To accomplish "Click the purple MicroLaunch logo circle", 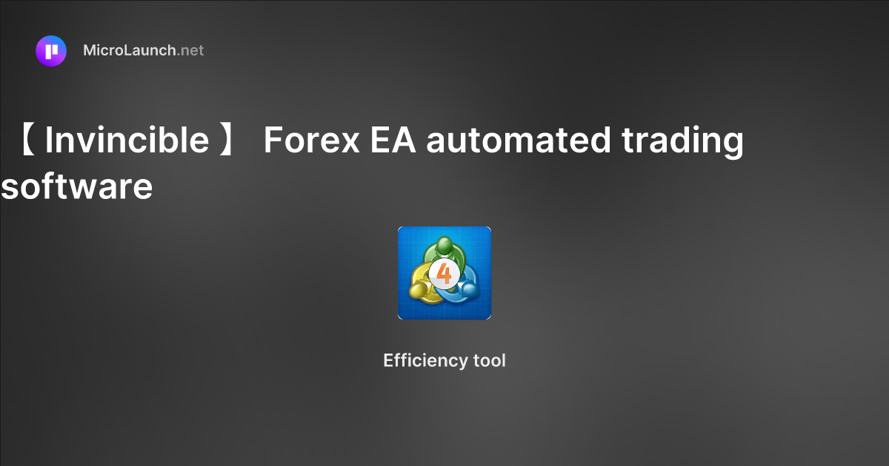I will point(51,51).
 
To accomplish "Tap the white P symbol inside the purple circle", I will point(51,51).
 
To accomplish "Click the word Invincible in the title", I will point(127,140).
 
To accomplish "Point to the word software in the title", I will point(77,186).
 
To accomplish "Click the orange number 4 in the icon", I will point(444,274).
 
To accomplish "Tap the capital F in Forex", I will point(271,140).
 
